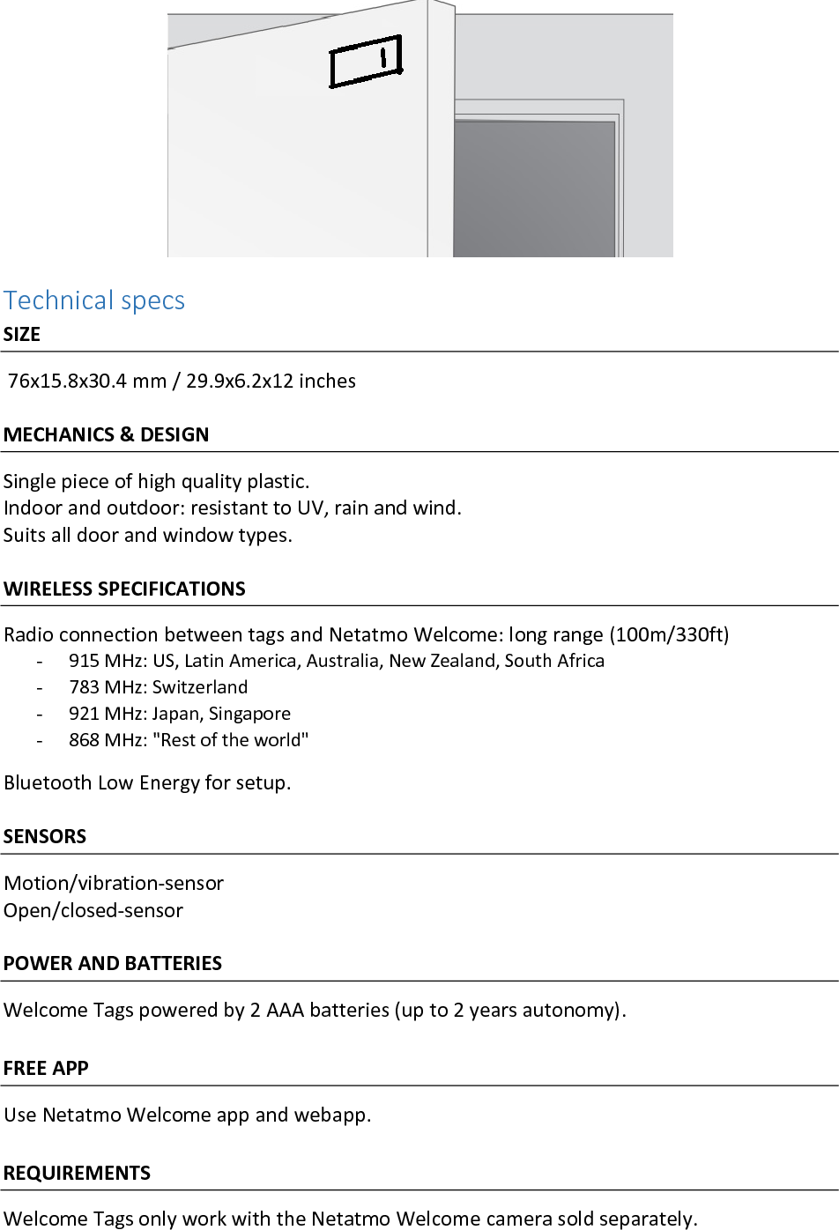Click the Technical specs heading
(x=94, y=300)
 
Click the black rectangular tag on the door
(x=365, y=62)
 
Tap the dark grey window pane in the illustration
(x=533, y=188)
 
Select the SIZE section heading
(x=22, y=335)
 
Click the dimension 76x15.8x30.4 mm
(x=87, y=381)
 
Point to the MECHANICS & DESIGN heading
(x=107, y=434)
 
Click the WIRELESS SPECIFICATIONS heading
(x=124, y=589)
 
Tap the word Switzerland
(x=200, y=687)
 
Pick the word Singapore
(x=249, y=714)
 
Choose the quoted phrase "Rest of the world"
(x=231, y=740)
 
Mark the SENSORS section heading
(x=45, y=836)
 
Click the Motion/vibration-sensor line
(x=114, y=883)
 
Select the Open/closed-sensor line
(x=93, y=910)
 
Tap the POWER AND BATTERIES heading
(x=113, y=963)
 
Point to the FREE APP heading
(x=46, y=1068)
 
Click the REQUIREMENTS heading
(x=78, y=1173)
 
